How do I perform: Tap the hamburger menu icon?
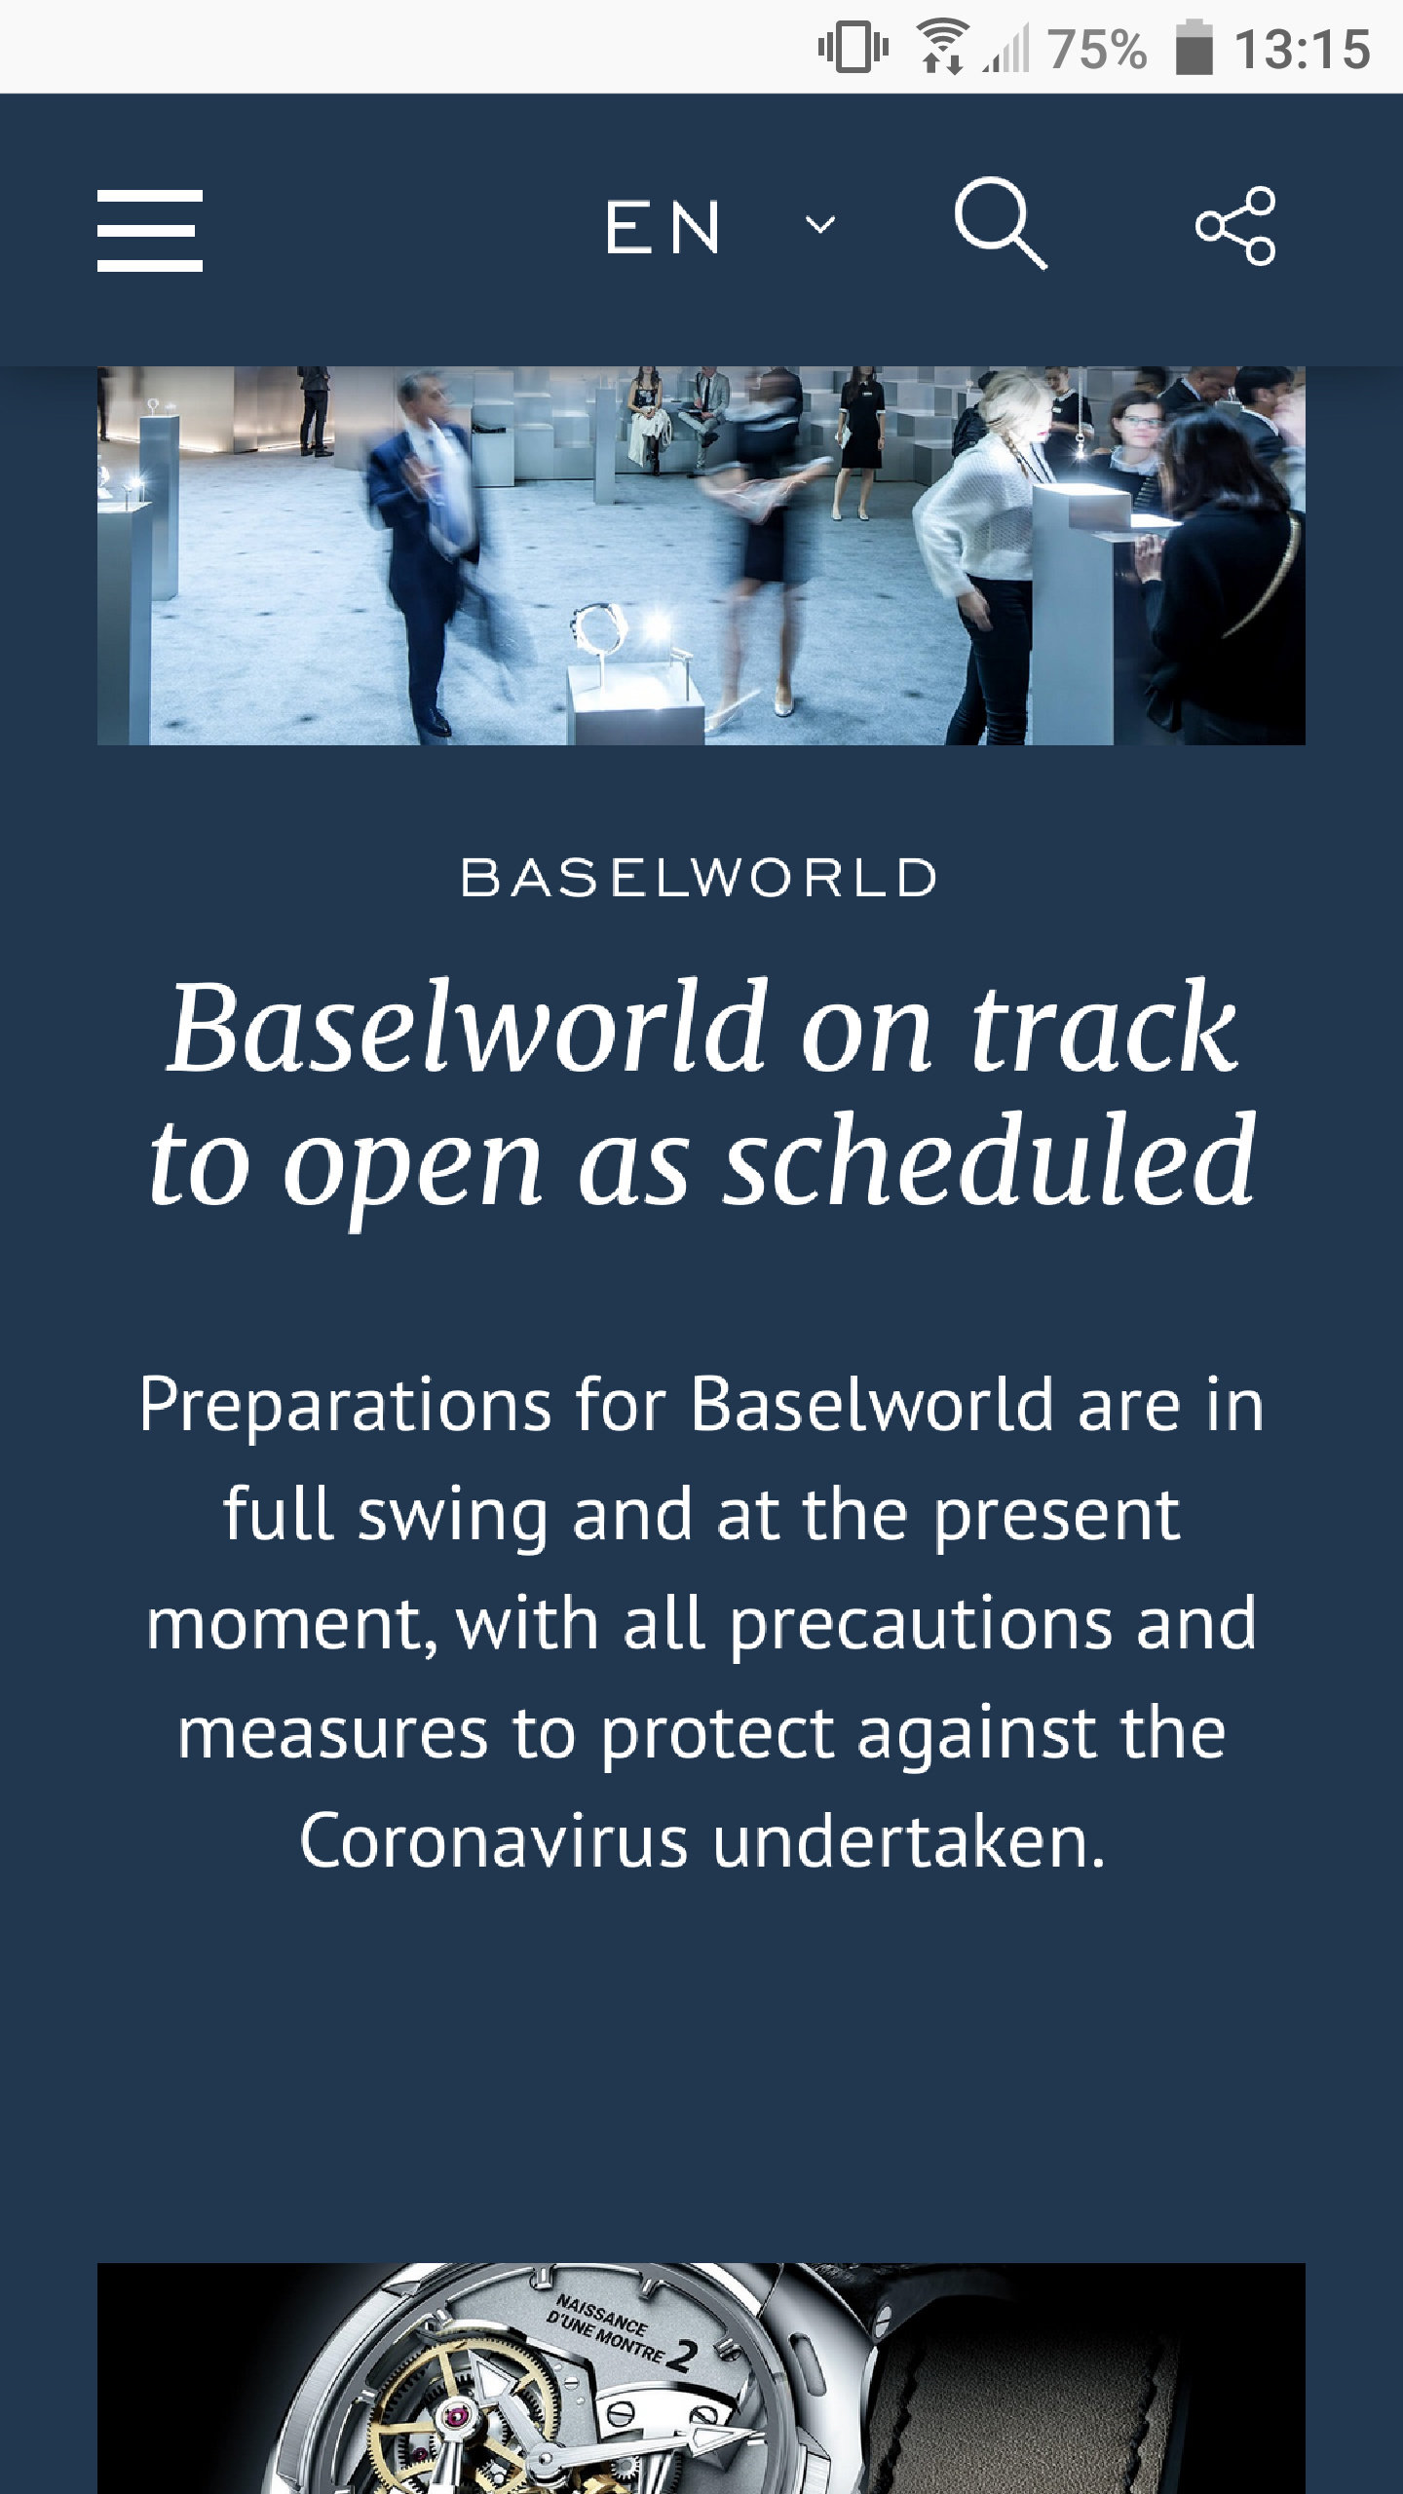[150, 231]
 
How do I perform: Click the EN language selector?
[663, 228]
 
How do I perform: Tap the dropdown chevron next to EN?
[820, 226]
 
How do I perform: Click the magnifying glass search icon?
[1001, 223]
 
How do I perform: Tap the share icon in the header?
[1235, 226]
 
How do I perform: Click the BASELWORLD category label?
[699, 878]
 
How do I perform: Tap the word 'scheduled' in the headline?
[991, 1160]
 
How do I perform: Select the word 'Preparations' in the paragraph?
[345, 1406]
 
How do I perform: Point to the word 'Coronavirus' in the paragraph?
[493, 1842]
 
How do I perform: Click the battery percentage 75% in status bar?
[1097, 49]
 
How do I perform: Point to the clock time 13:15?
[1302, 49]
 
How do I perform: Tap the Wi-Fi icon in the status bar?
[941, 47]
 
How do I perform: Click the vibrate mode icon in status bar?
[853, 47]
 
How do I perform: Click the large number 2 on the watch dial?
[682, 2357]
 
